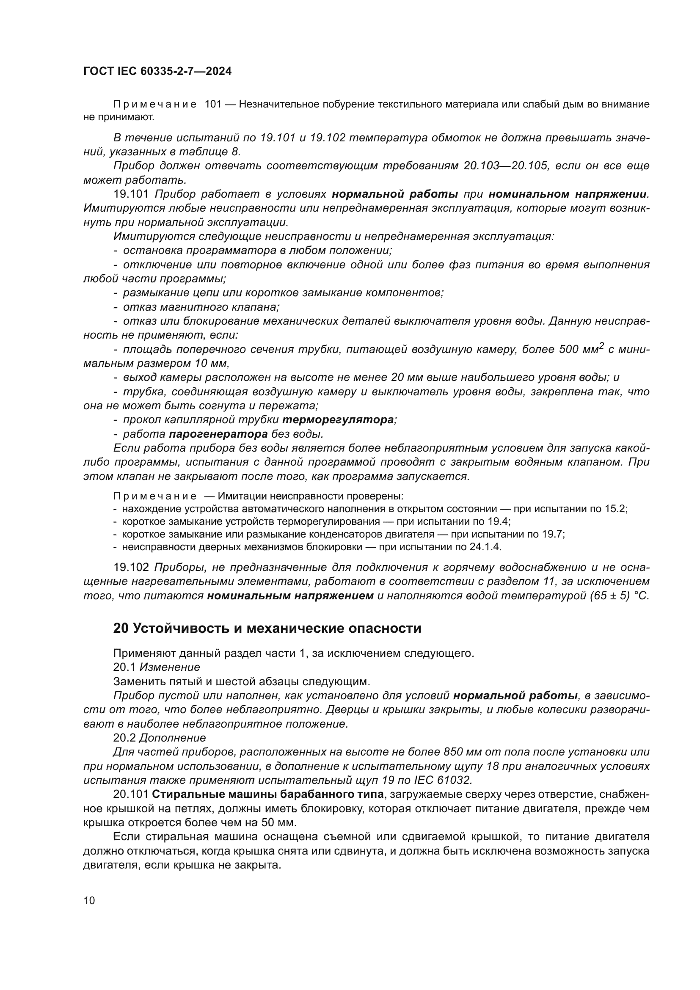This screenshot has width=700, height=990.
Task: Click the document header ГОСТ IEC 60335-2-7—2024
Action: [x=157, y=71]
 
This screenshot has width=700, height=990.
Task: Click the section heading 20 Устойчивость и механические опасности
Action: [x=267, y=628]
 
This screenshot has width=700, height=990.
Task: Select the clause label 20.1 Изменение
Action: [x=157, y=667]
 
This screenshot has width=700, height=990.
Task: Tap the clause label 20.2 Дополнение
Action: [x=160, y=738]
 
